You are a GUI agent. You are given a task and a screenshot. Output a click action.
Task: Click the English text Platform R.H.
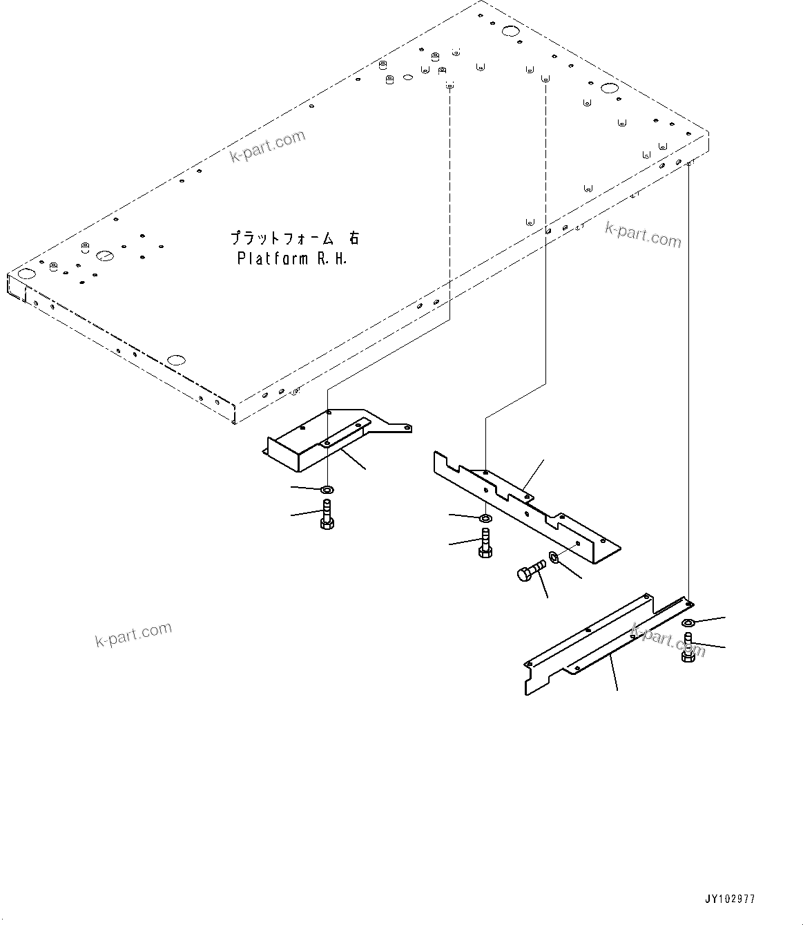point(291,259)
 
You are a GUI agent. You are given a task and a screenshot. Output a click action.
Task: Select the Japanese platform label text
point(294,238)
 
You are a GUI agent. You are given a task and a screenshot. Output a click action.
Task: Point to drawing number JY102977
point(730,899)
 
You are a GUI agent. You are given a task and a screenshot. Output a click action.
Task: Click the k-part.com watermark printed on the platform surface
point(267,146)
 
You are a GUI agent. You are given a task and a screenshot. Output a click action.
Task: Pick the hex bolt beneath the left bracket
point(327,517)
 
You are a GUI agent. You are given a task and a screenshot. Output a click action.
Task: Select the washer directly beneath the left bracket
point(327,489)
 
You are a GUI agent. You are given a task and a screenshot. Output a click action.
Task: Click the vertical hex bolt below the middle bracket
point(485,543)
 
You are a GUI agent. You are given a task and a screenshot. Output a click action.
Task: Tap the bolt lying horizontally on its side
point(530,571)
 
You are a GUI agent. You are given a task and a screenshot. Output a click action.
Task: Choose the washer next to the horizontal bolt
point(554,557)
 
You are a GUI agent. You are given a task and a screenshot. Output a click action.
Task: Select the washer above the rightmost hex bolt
point(688,623)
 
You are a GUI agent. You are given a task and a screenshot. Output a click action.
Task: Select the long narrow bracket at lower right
point(601,642)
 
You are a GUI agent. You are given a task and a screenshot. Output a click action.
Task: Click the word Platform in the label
point(271,259)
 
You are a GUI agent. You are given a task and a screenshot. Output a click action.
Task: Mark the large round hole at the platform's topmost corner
point(510,31)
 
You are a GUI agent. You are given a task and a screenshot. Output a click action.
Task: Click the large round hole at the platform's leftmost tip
point(25,274)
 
